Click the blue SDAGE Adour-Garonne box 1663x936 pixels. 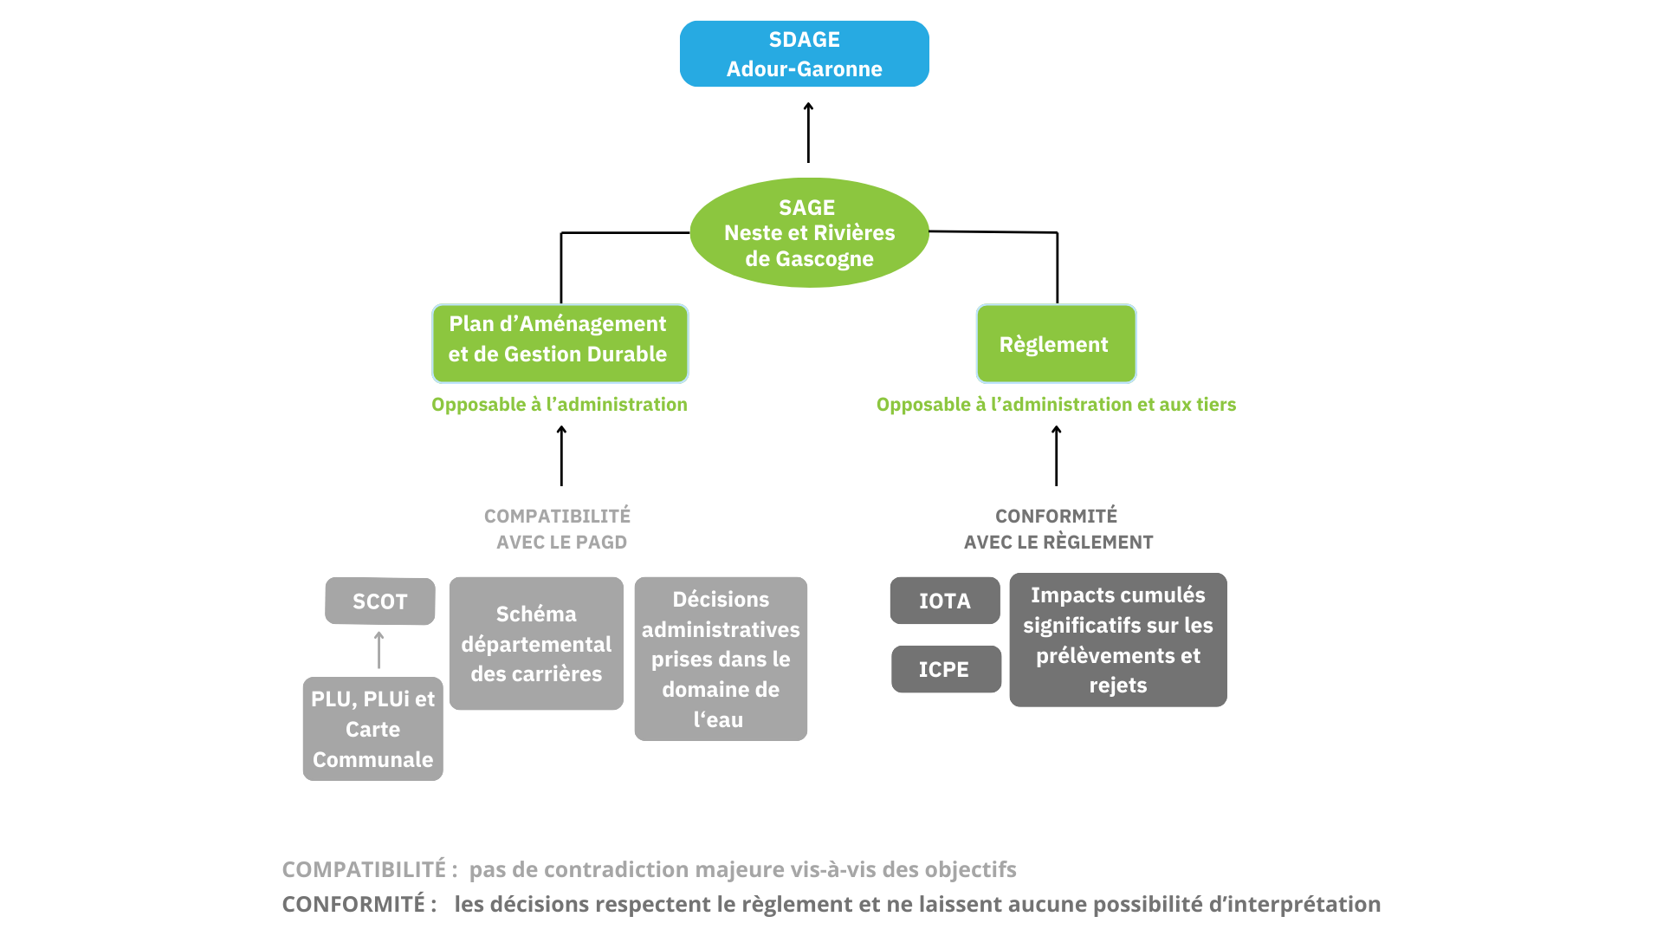pos(804,54)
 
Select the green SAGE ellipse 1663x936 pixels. pos(809,232)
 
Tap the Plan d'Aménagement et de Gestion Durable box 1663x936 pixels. pos(560,343)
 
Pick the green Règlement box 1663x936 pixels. pos(1056,343)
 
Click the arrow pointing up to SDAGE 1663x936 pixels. pos(808,133)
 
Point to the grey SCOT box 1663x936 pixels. pos(380,601)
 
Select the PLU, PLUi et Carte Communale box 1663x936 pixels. pos(372,729)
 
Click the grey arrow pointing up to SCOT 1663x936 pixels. pos(379,650)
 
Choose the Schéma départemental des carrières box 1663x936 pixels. pos(536,643)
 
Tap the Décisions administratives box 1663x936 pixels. pos(721,659)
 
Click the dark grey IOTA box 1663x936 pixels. pos(945,601)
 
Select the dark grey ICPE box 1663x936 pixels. pos(946,669)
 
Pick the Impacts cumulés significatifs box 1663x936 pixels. pos(1117,640)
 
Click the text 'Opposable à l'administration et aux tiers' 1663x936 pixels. pos(1056,404)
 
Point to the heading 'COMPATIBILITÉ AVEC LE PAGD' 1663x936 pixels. pos(559,529)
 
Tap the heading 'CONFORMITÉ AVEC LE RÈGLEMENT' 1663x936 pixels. pos(1058,529)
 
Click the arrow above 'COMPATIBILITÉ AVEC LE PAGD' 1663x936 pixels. pos(561,456)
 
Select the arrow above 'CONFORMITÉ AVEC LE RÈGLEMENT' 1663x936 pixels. pos(1056,456)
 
